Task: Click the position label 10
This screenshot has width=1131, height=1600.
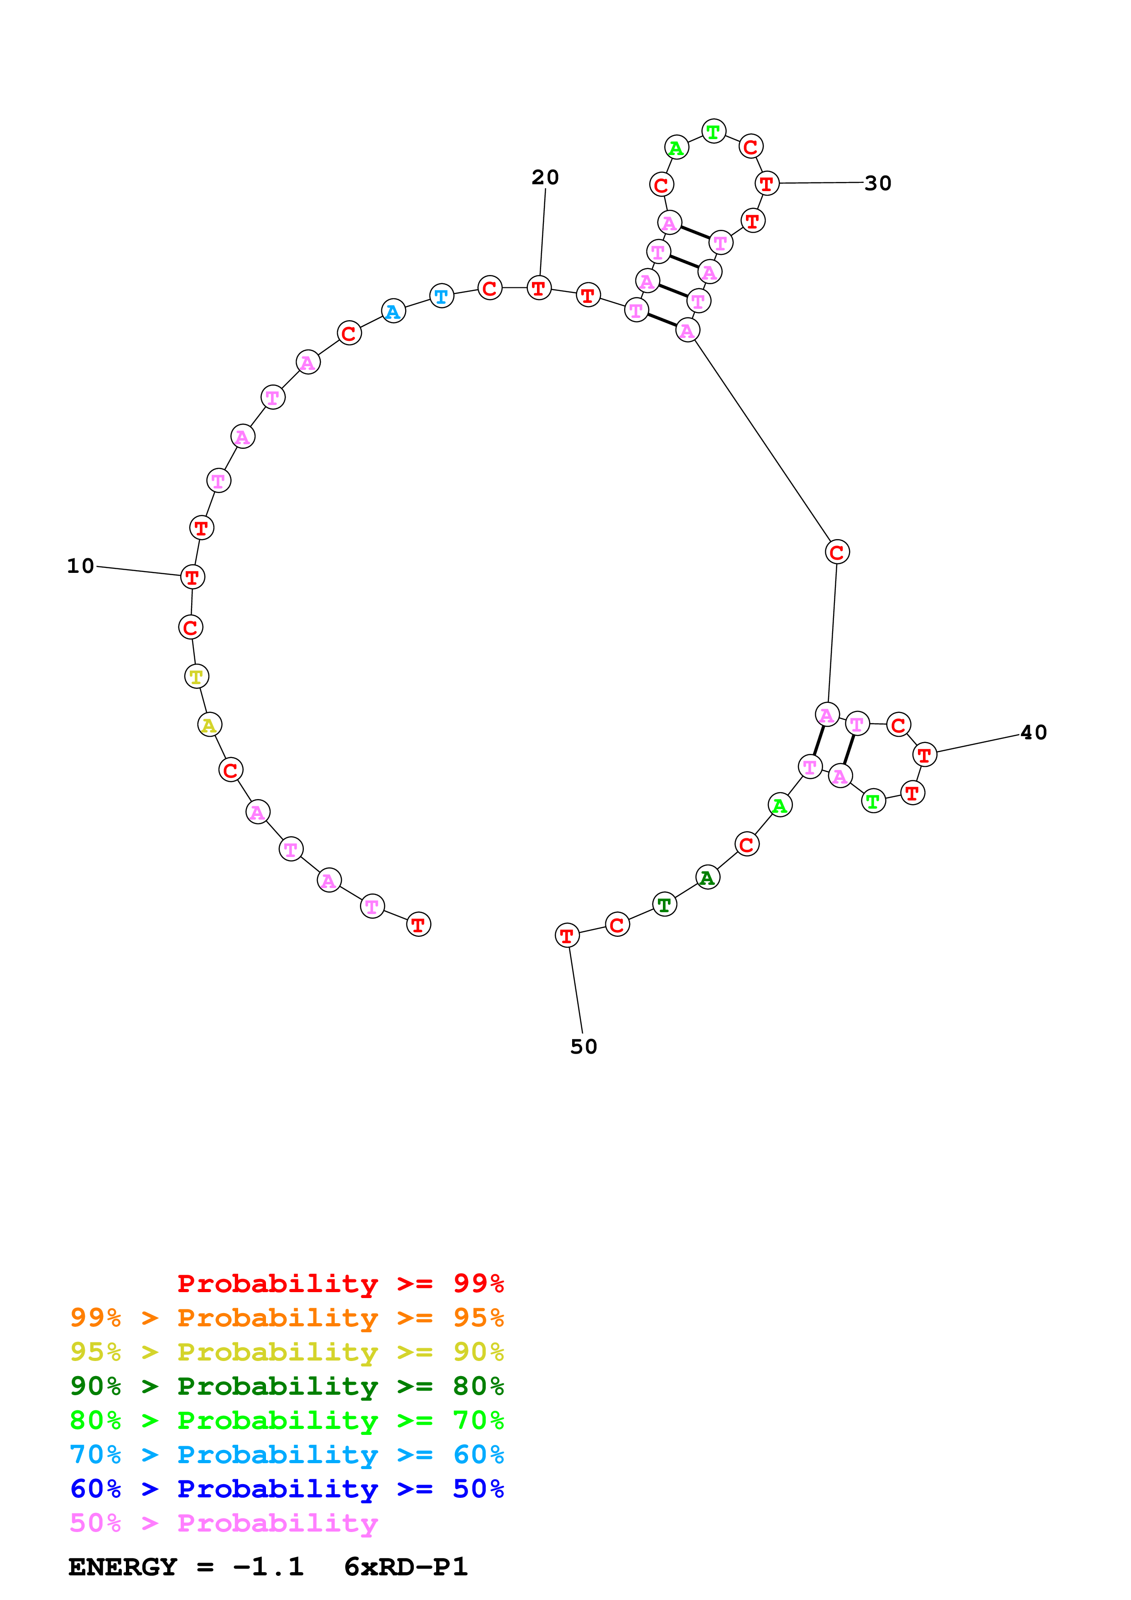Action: [80, 566]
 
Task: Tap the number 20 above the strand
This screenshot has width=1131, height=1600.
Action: [545, 178]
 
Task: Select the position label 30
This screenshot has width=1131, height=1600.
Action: [878, 183]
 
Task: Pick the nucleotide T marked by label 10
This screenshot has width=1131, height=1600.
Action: [193, 577]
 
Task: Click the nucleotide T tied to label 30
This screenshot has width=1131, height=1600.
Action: [766, 184]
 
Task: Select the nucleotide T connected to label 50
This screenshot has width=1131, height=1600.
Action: [567, 935]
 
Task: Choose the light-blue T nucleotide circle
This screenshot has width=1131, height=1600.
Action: [442, 296]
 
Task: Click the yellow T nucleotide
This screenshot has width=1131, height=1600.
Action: [197, 676]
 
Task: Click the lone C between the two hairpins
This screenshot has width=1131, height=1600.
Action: [837, 552]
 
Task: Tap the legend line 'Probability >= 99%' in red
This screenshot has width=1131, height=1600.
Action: [340, 1283]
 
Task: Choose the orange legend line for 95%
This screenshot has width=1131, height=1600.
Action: [287, 1318]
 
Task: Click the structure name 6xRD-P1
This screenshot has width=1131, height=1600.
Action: [406, 1567]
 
